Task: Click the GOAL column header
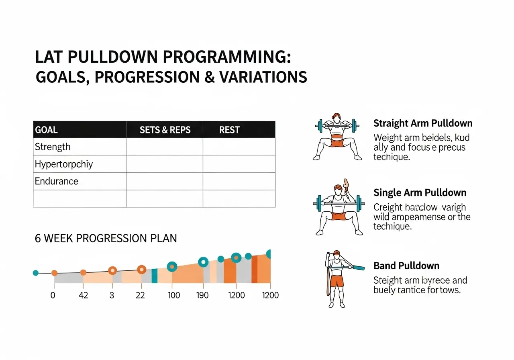46,130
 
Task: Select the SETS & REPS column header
165,130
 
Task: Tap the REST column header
229,130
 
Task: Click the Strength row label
53,147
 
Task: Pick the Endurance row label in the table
56,181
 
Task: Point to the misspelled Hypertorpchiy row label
63,164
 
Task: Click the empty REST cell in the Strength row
239,147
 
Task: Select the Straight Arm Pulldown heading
423,123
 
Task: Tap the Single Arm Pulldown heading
420,192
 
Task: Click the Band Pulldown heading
406,266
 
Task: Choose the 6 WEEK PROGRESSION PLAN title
106,238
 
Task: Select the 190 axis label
202,295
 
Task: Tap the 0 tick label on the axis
53,295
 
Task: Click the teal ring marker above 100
172,266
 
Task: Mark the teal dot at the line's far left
35,273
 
